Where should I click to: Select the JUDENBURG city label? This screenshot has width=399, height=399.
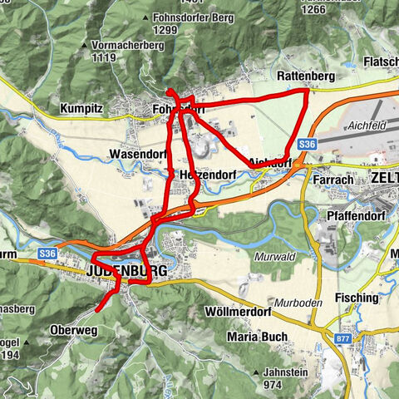point(126,271)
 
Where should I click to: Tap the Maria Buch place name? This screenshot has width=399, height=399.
point(257,337)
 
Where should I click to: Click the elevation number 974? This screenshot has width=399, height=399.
point(274,385)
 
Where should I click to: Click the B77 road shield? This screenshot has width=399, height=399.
point(343,338)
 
